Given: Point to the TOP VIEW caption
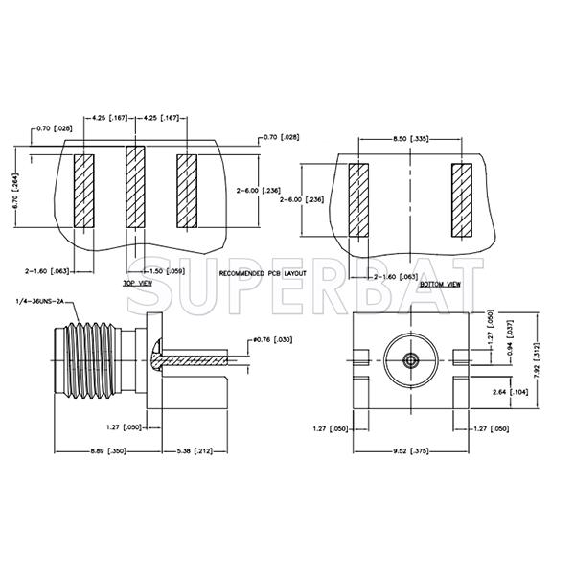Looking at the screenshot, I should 137,285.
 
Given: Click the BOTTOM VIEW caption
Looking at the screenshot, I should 440,285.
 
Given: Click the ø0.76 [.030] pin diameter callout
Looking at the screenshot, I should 274,340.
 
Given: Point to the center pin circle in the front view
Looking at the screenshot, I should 410,360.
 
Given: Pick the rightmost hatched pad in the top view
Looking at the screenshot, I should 187,191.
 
